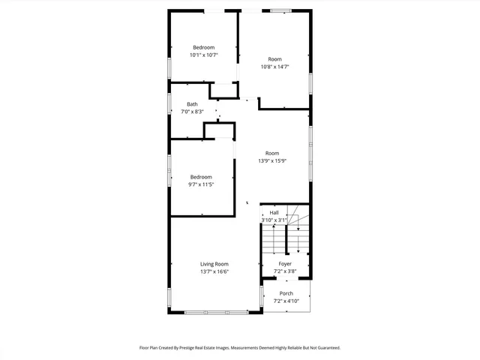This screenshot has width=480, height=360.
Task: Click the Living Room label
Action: [214, 264]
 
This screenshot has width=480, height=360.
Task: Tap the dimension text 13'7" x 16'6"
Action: [214, 272]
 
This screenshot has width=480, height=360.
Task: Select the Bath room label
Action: [193, 104]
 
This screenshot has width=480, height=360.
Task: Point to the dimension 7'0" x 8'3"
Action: [193, 112]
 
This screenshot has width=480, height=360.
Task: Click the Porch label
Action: [286, 293]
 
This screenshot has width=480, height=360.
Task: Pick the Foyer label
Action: [285, 264]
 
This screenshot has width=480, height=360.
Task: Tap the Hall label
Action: [274, 212]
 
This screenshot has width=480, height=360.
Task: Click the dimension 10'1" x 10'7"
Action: [203, 55]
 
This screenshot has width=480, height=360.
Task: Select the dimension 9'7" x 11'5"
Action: [201, 184]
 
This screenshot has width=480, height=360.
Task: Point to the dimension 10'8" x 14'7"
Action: [274, 67]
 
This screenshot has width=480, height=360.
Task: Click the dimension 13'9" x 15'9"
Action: [272, 160]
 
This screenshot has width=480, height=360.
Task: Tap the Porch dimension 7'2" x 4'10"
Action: [286, 301]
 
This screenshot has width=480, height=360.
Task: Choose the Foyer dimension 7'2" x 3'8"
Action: [285, 271]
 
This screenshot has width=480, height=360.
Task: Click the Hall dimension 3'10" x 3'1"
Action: [274, 220]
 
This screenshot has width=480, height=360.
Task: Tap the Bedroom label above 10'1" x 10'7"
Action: [203, 47]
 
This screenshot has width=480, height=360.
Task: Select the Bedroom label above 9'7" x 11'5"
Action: [201, 177]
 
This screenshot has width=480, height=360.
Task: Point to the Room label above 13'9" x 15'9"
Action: [272, 153]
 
